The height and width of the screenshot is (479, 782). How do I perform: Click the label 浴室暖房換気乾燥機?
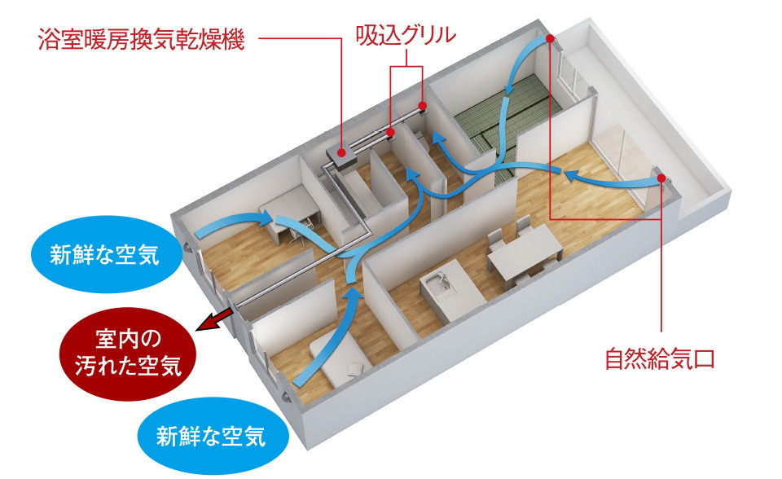(x=140, y=40)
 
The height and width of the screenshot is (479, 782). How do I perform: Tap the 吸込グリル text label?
(x=406, y=36)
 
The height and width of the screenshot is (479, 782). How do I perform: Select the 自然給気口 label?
(x=659, y=358)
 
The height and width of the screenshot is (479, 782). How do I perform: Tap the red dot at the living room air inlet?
(x=661, y=178)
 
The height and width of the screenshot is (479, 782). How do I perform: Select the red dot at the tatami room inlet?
(x=551, y=37)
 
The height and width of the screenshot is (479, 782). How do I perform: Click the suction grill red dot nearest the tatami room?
(x=424, y=106)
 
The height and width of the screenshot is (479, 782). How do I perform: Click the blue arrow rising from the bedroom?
(x=334, y=334)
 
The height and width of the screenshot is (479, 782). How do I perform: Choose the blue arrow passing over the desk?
(x=244, y=222)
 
